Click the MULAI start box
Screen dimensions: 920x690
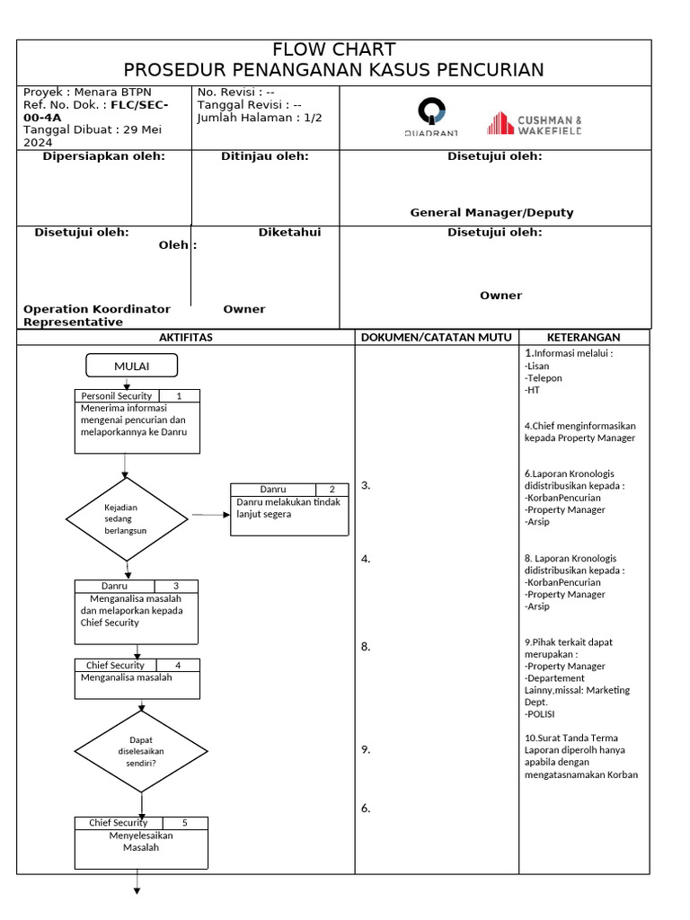131,366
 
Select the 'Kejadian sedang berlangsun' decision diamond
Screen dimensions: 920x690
127,518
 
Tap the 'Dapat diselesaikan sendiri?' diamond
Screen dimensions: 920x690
141,751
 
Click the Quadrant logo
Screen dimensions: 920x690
430,118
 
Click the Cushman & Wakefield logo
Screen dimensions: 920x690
535,124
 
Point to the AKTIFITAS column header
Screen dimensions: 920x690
185,337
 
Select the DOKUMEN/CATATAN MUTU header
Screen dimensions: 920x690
436,337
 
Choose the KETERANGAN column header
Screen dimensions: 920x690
583,337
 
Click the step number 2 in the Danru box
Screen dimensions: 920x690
332,490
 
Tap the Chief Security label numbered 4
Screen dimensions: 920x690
115,665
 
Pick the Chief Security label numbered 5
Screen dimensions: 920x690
118,822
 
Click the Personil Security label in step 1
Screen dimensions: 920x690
117,395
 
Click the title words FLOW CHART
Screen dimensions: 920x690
334,49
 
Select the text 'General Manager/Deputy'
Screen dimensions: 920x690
491,213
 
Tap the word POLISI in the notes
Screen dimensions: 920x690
541,714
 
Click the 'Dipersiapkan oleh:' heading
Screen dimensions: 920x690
103,156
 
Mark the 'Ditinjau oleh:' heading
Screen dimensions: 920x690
264,156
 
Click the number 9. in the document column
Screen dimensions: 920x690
366,749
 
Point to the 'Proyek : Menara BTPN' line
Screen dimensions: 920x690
87,92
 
